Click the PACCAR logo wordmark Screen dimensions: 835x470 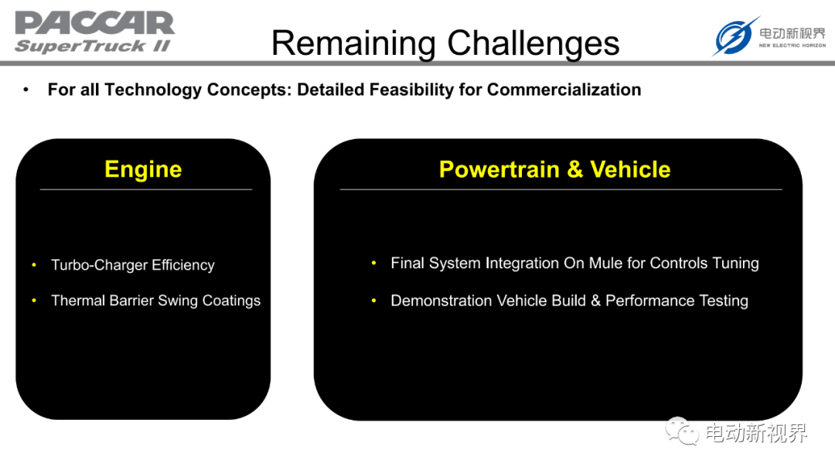pos(95,23)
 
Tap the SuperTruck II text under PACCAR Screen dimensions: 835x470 pos(93,46)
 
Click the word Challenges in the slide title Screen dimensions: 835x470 pos(533,43)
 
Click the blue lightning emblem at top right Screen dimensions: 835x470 pos(735,36)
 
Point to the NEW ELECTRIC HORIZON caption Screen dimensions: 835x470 pos(792,46)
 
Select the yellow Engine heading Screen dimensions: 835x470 pos(143,170)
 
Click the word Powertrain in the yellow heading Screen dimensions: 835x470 pos(499,169)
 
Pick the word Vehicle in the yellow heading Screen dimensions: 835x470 pos(630,169)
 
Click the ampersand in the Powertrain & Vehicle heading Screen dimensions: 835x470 pos(574,169)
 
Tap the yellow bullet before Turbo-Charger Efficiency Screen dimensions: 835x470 pos(34,264)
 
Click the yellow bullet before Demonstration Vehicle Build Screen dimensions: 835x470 pos(374,301)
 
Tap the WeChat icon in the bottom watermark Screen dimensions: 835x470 pos(682,431)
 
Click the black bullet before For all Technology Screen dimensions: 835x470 pos(26,90)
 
